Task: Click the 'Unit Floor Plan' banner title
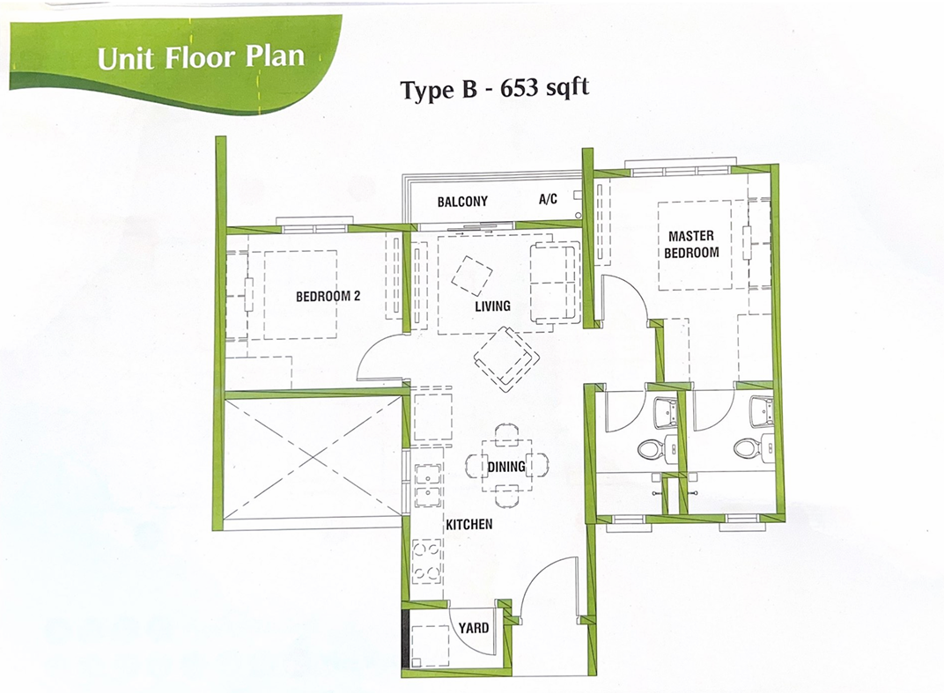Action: (201, 57)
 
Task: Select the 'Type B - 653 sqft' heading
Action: (494, 90)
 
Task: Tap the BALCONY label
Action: (462, 202)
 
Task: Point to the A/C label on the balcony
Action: (548, 199)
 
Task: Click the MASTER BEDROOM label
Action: (691, 244)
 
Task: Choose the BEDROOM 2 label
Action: (328, 296)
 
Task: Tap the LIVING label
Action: (492, 306)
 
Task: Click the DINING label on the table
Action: (505, 467)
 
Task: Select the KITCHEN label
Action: (469, 525)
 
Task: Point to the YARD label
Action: (473, 628)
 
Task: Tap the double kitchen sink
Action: (428, 484)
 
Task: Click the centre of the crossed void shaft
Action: (313, 459)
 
